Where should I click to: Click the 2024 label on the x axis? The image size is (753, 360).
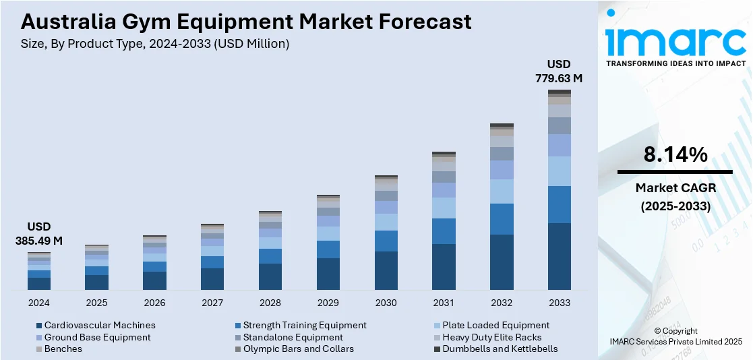coord(38,303)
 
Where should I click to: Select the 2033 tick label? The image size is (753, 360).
coord(560,303)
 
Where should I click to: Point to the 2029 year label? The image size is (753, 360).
coord(328,303)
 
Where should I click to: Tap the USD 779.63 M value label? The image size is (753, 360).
coord(559,71)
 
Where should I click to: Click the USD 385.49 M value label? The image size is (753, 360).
coord(38,233)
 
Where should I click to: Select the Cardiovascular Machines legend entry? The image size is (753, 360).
coord(100,326)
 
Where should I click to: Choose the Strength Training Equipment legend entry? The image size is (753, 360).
coord(305,326)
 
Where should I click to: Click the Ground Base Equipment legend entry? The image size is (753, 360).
coord(97,337)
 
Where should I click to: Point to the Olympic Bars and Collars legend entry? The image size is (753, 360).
coord(298,349)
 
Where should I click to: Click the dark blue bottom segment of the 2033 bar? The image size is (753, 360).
coord(560,256)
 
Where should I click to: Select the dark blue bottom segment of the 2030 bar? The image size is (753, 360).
coord(386,270)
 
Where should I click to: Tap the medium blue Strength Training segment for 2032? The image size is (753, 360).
coord(502,219)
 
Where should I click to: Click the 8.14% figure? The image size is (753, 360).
coord(675,155)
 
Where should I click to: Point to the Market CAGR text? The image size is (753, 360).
coord(675,188)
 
